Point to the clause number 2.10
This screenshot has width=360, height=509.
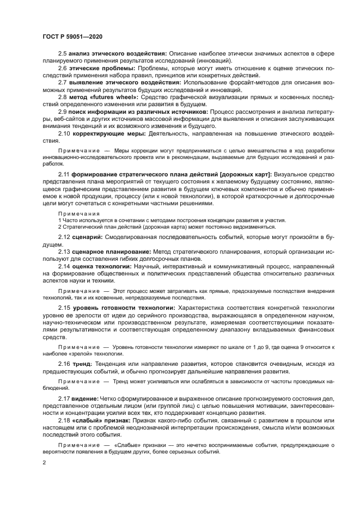click(x=64, y=133)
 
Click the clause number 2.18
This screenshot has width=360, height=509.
click(x=64, y=421)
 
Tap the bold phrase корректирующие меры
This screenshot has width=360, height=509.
click(x=109, y=133)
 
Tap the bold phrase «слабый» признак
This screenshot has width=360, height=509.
click(x=101, y=421)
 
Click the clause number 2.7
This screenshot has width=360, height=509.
click(x=63, y=82)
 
